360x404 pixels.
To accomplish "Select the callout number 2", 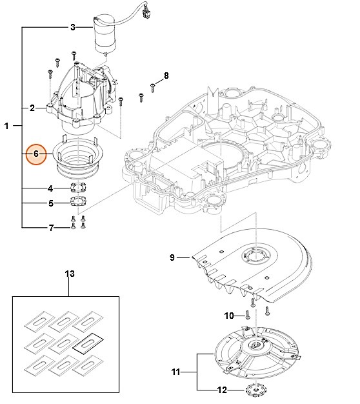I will [32, 107].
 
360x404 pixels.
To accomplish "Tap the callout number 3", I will [72, 27].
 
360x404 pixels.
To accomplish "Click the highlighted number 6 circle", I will [36, 155].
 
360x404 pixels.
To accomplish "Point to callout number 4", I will [50, 188].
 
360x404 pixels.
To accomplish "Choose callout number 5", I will [50, 203].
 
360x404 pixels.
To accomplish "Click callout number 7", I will [50, 228].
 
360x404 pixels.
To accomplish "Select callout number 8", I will [166, 76].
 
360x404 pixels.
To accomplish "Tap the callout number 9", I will [172, 258].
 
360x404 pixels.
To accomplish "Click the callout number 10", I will [228, 316].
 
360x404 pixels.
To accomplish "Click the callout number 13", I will [70, 274].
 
